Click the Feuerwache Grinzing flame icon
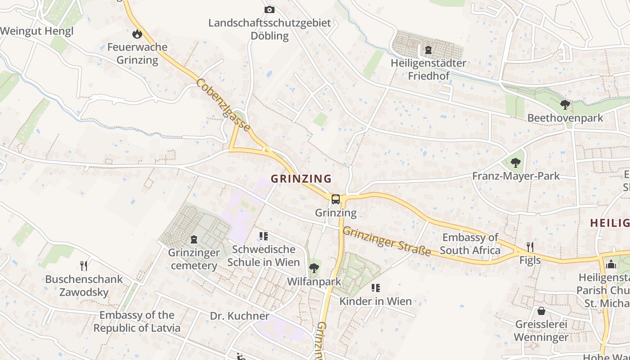point(137,34)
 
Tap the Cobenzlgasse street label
point(223,104)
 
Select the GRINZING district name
point(301,179)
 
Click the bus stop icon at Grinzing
point(335,199)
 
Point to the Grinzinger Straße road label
point(387,241)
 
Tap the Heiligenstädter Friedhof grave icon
point(428,49)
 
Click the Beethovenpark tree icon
point(565,105)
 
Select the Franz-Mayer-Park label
point(516,176)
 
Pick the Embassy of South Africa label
point(470,244)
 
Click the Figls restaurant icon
point(530,247)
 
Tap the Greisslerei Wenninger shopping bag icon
point(541,311)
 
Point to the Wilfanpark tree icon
point(314,269)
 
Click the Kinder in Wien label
point(375,301)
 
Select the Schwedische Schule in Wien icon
point(263,236)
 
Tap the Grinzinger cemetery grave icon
point(194,239)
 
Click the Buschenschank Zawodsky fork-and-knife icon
point(83,265)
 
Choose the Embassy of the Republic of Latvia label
point(137,321)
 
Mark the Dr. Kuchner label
point(239,316)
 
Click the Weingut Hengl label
point(36,31)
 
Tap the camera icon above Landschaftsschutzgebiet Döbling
point(269,9)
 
